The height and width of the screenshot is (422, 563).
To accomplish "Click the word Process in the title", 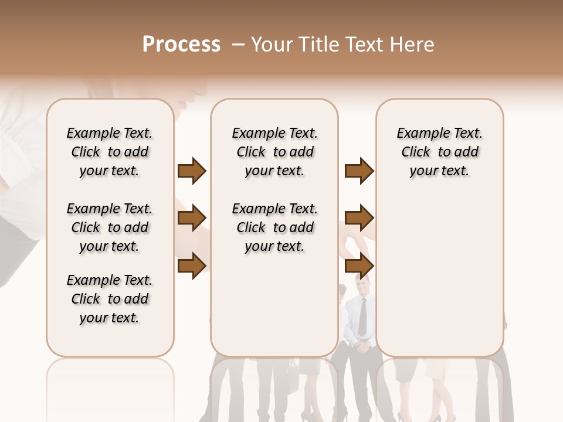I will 181,45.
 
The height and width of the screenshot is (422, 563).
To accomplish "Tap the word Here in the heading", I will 414,45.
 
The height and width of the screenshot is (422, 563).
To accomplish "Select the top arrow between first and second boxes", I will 192,171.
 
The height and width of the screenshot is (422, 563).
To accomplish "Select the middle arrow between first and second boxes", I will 192,219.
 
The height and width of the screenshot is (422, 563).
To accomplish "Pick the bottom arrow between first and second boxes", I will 192,266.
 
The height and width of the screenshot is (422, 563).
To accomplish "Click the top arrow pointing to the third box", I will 359,171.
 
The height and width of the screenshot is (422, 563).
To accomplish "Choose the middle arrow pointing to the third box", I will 359,219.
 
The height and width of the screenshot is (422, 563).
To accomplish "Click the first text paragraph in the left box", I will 109,152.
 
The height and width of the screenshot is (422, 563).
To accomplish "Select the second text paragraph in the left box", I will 109,227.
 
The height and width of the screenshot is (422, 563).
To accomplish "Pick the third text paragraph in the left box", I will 109,299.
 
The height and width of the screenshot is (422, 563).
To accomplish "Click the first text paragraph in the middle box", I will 274,152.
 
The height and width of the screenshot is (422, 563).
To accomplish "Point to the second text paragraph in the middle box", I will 274,227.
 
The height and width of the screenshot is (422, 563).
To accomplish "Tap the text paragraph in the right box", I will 440,152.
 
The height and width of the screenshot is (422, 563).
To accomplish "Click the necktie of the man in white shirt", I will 362,316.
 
